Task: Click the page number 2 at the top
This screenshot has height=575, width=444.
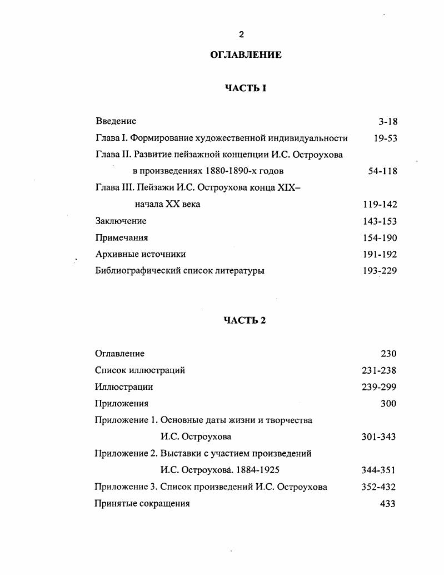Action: (x=241, y=34)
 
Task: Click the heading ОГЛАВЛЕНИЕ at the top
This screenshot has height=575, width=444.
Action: (x=246, y=55)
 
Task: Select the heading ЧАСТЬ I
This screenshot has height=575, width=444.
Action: (x=246, y=88)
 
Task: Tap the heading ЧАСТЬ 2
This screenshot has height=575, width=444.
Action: (x=245, y=320)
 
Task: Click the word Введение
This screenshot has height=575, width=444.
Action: (x=116, y=121)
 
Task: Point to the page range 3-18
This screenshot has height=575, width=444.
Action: (x=388, y=122)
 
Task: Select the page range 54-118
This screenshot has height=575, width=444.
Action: (x=383, y=171)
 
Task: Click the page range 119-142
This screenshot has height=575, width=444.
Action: (x=380, y=205)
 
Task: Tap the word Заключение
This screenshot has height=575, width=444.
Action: (x=121, y=221)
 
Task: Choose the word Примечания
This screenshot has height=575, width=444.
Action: (x=122, y=238)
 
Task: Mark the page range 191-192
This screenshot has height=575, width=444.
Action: (x=380, y=254)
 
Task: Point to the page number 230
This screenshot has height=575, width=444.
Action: (x=388, y=354)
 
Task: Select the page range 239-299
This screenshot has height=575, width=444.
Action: (x=379, y=387)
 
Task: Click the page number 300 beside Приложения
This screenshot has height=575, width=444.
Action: (x=388, y=404)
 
